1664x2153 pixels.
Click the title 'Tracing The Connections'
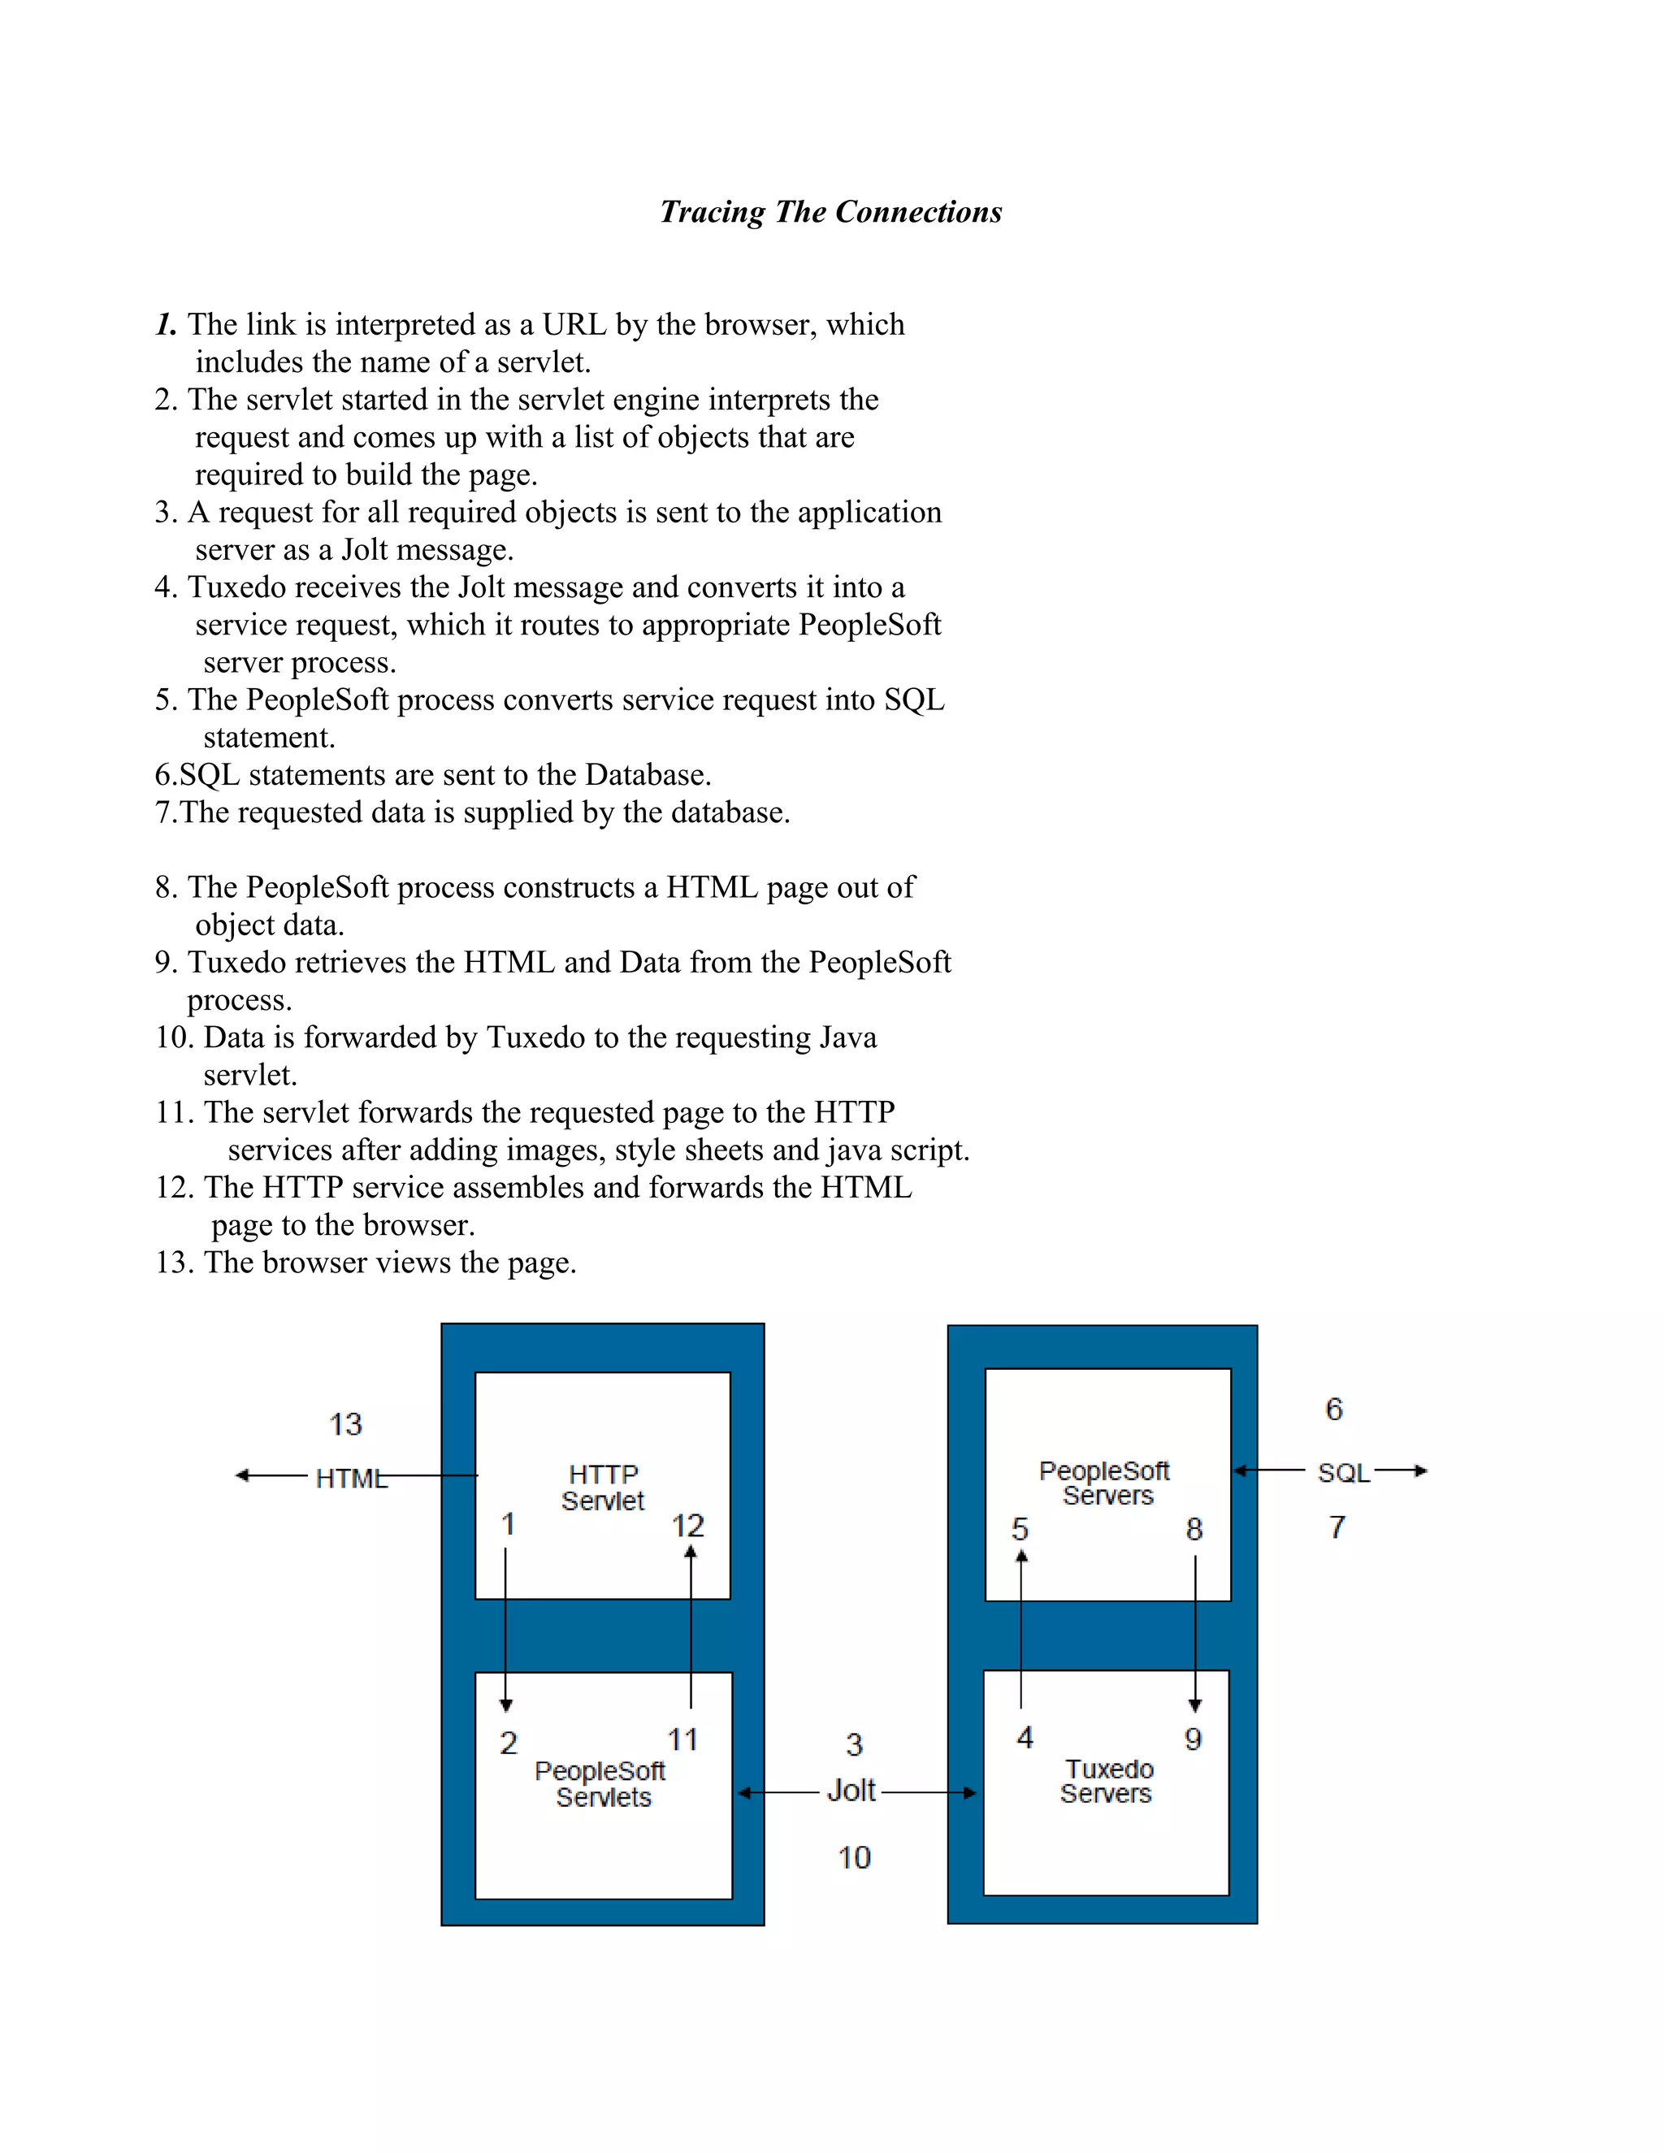coord(830,212)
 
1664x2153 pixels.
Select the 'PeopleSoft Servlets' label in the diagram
coord(600,1784)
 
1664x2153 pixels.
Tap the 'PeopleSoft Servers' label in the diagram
coord(1105,1483)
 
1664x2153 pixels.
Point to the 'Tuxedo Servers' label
coord(1107,1782)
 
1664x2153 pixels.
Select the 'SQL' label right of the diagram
coord(1344,1473)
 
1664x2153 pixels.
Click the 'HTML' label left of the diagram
coord(350,1479)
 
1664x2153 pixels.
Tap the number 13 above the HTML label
coord(345,1424)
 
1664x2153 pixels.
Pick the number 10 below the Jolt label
coord(854,1858)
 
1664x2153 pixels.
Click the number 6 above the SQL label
coord(1334,1410)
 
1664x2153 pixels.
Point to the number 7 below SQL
coord(1337,1527)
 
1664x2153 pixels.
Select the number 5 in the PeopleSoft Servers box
coord(1020,1529)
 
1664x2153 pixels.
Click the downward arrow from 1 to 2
coord(505,1627)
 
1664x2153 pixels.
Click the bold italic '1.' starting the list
coord(166,324)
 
